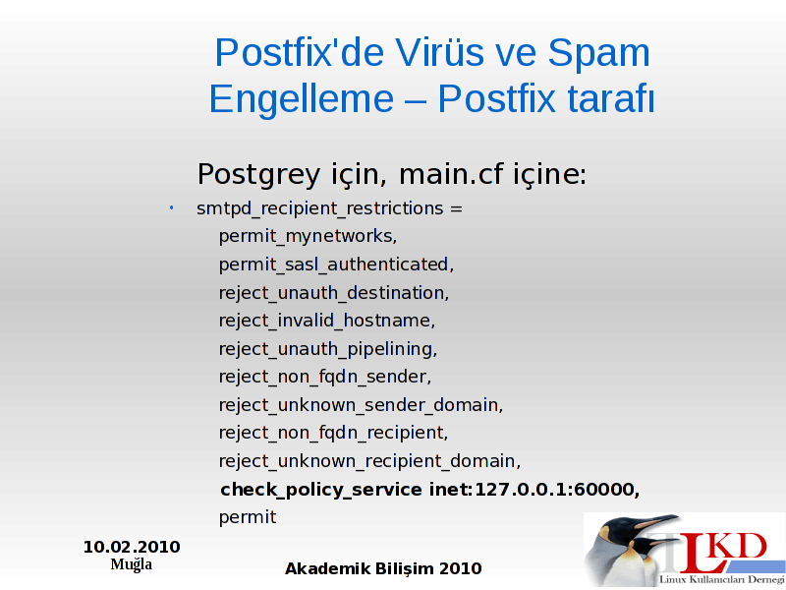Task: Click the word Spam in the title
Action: click(598, 52)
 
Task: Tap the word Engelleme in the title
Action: click(302, 99)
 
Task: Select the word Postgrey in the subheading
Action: click(258, 175)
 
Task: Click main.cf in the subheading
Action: click(451, 174)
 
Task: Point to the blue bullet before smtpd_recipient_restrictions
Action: click(171, 207)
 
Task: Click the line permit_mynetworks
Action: click(308, 236)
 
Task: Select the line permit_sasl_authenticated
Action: click(336, 265)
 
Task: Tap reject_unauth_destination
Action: click(334, 292)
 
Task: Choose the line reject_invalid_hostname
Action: click(327, 321)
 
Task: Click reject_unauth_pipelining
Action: click(328, 349)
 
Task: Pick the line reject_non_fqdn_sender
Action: click(325, 377)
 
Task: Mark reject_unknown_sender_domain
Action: click(361, 405)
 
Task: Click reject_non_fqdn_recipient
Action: click(333, 433)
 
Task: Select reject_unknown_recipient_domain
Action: click(370, 461)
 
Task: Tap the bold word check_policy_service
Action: click(321, 490)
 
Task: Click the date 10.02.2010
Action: click(132, 547)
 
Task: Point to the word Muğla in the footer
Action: click(132, 564)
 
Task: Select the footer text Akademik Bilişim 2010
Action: click(383, 569)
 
